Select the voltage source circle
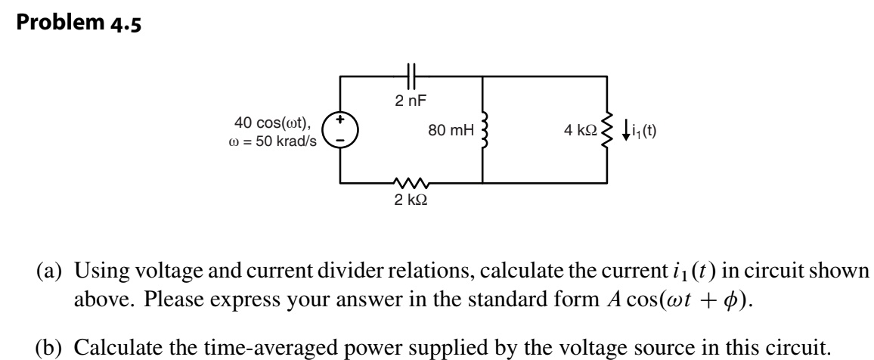(340, 130)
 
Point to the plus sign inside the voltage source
(340, 119)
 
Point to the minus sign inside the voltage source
(340, 141)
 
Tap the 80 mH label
(451, 131)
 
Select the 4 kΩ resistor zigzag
(606, 130)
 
